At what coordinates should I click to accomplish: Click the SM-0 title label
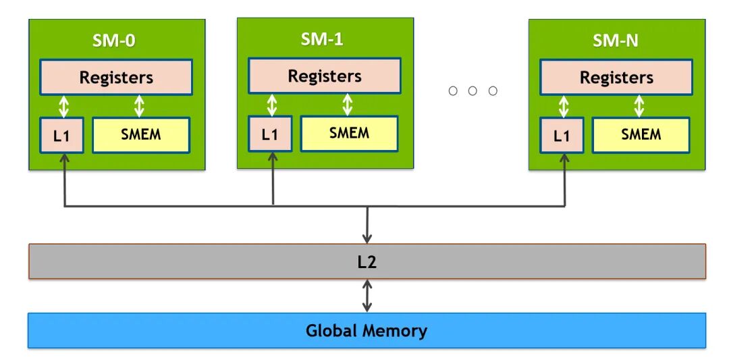coord(114,41)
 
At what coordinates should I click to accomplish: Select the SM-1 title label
coord(322,39)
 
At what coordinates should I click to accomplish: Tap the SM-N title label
coord(615,41)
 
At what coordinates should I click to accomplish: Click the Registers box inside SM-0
coord(116,77)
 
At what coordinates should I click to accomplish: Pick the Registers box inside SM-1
coord(324,76)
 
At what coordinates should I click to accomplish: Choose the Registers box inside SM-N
coord(616,77)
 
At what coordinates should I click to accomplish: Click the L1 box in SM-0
coord(61,135)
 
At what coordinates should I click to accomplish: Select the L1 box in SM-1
coord(269,134)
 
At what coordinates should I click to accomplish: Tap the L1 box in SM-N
coord(562,135)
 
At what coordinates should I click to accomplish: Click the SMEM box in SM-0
coord(141,135)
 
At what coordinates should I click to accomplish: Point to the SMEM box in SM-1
coord(349,134)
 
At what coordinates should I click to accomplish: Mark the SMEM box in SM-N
coord(641,135)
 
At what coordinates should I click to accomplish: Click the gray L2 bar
coord(367,261)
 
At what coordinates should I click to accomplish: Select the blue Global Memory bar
coord(367,331)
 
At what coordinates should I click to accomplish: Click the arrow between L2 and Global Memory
coord(367,296)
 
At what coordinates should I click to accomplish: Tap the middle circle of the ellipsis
coord(473,91)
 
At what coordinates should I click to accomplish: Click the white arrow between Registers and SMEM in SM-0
coord(139,106)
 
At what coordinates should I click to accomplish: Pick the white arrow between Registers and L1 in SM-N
coord(564,106)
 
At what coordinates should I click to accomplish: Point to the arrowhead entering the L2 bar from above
coord(367,238)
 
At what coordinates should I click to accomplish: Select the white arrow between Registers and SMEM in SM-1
coord(348,105)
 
